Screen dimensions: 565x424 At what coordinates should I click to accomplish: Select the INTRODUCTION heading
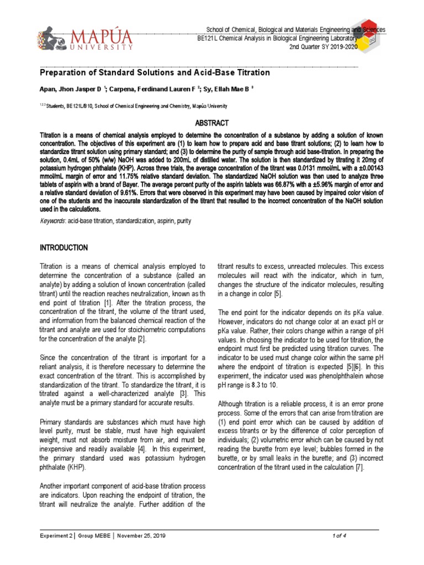[x=64, y=248]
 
